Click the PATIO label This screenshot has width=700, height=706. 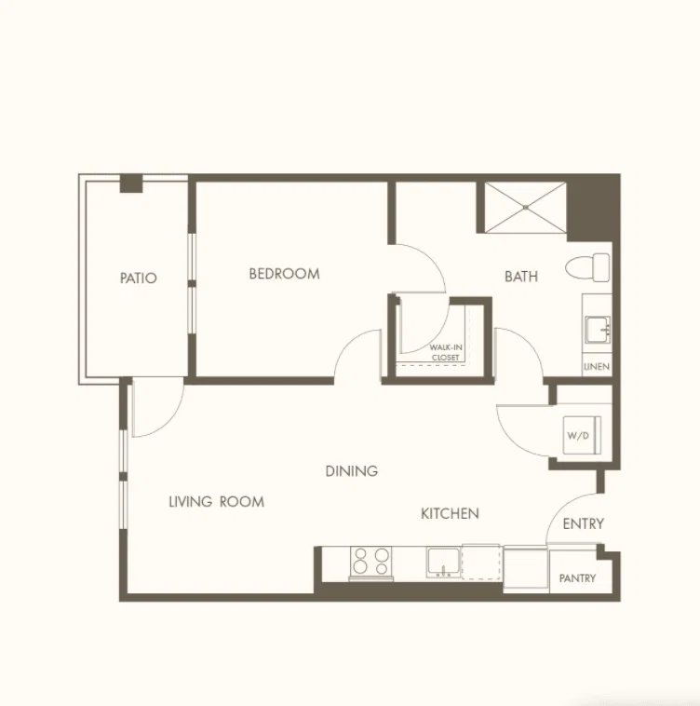pos(139,278)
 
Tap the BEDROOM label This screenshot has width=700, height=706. pos(284,274)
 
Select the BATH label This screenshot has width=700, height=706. pos(521,276)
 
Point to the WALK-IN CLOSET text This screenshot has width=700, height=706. pos(445,353)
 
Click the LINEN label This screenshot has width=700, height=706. pos(597,367)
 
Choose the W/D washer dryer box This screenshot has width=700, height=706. pos(582,435)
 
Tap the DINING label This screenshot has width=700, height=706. pos(351,471)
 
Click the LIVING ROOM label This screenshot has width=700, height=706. pos(216,502)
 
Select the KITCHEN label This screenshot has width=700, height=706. pos(450,513)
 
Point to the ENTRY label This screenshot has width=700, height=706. pos(583,523)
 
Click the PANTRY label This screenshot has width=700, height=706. pos(577,578)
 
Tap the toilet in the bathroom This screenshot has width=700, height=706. pos(587,267)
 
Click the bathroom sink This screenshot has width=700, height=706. pos(598,330)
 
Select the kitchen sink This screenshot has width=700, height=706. pos(443,563)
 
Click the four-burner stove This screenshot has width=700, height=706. pos(371,563)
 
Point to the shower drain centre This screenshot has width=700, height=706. pos(525,208)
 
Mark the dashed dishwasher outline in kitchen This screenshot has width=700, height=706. pos(481,562)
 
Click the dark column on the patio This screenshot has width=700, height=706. pos(131,183)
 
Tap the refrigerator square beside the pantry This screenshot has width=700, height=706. pos(525,569)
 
